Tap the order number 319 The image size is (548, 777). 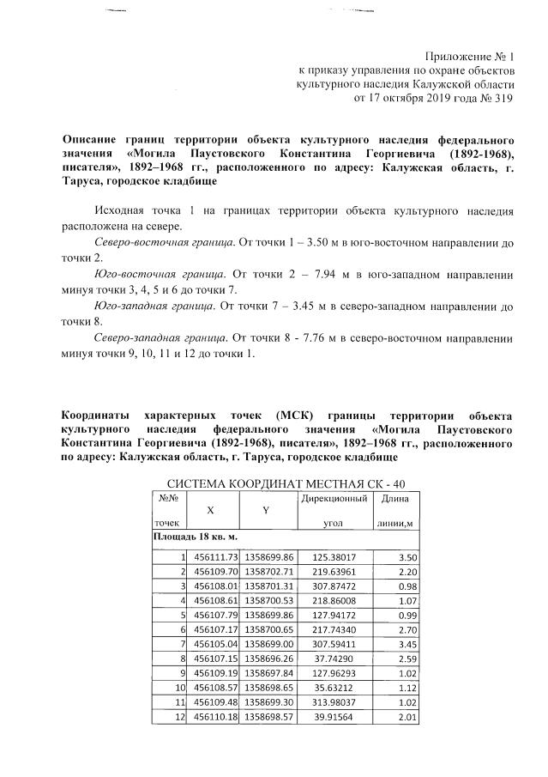[503, 99]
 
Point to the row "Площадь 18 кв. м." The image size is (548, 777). [194, 537]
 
